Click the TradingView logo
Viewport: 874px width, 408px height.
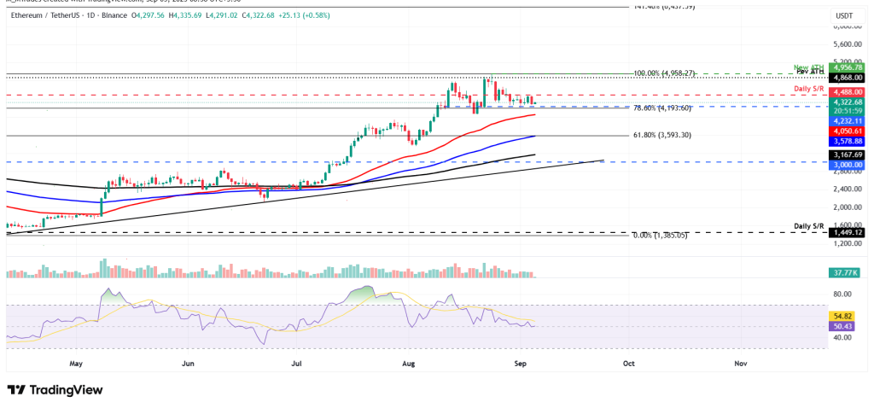tap(55, 390)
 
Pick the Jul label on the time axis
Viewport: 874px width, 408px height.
tap(298, 363)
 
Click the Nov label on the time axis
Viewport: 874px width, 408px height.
tap(740, 363)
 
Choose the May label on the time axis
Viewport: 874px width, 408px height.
tap(77, 363)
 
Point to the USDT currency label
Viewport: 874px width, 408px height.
tap(845, 15)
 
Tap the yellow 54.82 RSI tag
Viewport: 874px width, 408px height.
tap(845, 316)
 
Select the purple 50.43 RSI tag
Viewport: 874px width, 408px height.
tap(845, 325)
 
